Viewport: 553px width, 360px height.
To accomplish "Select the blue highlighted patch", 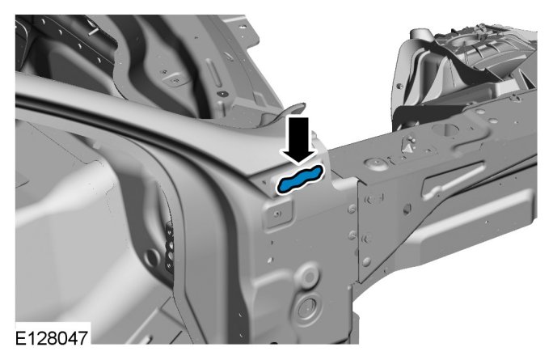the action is pos(300,180).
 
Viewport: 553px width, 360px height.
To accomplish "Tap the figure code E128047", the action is pos(52,338).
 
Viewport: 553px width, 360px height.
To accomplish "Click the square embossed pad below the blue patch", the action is pos(278,214).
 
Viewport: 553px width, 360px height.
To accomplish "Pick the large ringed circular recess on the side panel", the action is pos(306,309).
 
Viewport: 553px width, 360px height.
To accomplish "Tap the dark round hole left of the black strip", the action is pos(153,257).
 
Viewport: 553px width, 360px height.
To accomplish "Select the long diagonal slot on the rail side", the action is pos(454,180).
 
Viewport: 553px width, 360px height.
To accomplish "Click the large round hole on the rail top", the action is pos(445,129).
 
